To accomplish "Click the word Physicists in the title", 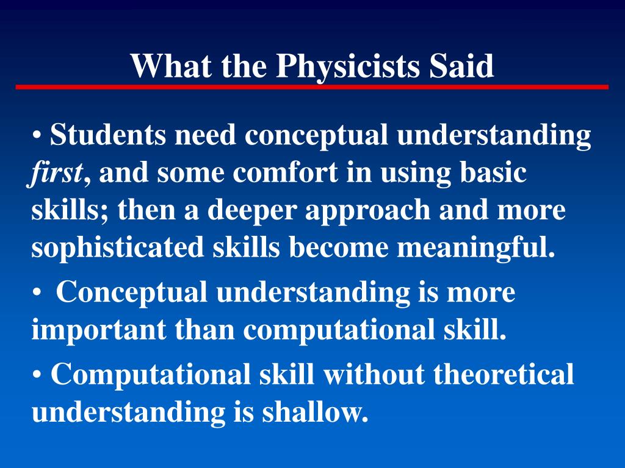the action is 348,66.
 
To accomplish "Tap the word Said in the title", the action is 461,65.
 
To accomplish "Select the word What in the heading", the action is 171,65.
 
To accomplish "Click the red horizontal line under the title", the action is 312,87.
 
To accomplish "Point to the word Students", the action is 107,135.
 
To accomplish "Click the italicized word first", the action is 55,172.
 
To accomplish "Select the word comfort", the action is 285,172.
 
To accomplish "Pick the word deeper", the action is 252,210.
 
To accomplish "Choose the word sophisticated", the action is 118,247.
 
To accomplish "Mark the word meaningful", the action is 476,247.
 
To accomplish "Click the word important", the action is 99,330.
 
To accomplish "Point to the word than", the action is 204,328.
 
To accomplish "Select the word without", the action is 374,374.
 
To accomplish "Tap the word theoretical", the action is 504,374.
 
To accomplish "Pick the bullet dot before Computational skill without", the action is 37,375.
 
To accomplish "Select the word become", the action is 338,247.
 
